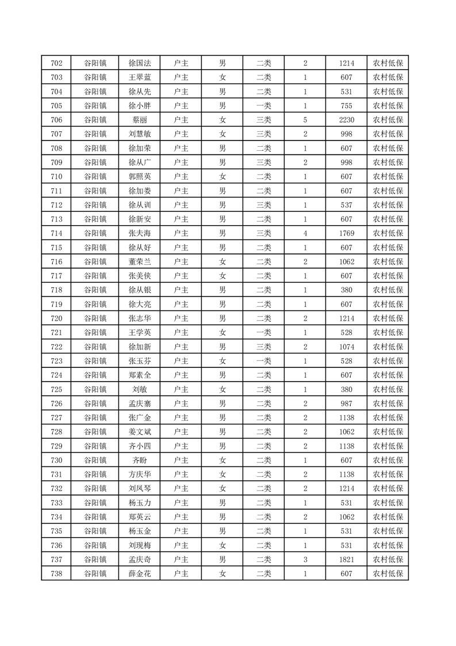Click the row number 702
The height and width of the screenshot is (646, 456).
[x=56, y=63]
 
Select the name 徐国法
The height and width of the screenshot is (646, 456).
[x=140, y=63]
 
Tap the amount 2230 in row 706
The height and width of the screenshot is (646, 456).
[x=346, y=120]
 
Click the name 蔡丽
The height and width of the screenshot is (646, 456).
[x=140, y=120]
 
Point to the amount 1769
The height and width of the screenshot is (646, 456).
[x=346, y=233]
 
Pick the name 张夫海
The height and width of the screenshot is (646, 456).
[x=140, y=233]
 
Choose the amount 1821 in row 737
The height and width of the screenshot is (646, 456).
[x=346, y=559]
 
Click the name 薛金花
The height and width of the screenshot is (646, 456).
[x=140, y=573]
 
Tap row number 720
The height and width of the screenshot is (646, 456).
[x=56, y=318]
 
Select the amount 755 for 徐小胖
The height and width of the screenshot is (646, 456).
[x=346, y=106]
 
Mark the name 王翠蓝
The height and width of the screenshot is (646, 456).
[x=140, y=78]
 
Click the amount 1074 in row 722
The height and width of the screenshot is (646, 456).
[x=346, y=347]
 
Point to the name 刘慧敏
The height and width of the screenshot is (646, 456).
[x=140, y=134]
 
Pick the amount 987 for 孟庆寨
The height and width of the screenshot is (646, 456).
[x=346, y=404]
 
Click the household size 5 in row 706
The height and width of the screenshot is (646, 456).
[x=305, y=120]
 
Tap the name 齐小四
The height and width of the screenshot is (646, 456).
[x=140, y=446]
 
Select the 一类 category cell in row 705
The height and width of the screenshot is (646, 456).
[x=264, y=106]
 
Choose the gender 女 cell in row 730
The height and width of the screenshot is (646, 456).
[x=222, y=460]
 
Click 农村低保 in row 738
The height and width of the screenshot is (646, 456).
[x=388, y=573]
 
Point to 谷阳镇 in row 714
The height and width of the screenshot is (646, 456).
[x=95, y=233]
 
